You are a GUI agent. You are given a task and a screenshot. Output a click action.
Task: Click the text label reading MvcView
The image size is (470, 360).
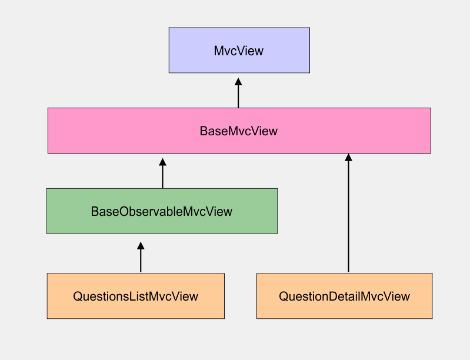point(238,51)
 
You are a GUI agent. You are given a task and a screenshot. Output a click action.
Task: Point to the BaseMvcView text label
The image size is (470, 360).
point(238,131)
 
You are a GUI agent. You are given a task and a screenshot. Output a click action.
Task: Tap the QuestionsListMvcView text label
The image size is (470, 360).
point(135,296)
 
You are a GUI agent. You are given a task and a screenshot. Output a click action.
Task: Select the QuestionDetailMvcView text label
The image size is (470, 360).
point(344,296)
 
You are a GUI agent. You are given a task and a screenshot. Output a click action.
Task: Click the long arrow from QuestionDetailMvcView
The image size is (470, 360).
point(348,218)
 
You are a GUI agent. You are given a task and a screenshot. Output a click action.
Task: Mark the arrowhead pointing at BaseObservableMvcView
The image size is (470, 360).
point(141,245)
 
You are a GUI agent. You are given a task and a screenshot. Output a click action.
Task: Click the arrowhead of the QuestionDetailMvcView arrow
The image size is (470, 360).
point(348,158)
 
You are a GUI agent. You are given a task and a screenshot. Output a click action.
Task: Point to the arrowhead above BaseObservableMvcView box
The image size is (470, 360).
point(163,162)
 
